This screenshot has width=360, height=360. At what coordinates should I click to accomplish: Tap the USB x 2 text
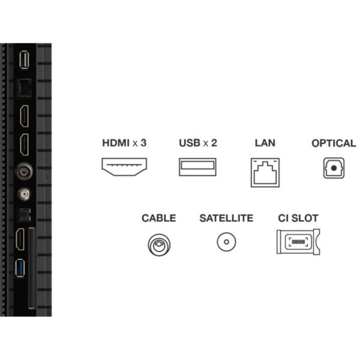tap(197, 143)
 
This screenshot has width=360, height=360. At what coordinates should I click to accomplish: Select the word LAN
tap(265, 143)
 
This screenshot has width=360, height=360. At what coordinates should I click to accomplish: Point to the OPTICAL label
tap(334, 143)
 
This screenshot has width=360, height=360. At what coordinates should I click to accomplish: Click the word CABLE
tap(158, 218)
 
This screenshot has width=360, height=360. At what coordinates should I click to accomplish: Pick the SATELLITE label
tap(226, 218)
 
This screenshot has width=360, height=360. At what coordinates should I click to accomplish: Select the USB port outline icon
tap(197, 166)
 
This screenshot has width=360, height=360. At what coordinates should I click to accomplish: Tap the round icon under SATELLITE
tap(226, 242)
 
